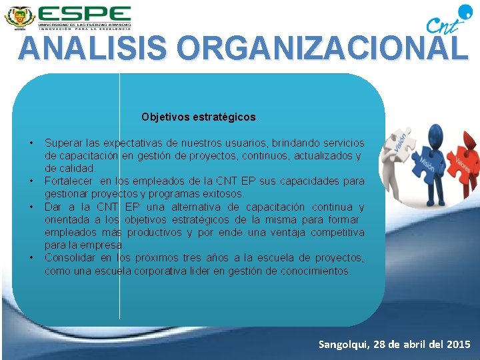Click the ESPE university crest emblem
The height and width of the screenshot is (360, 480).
point(19,16)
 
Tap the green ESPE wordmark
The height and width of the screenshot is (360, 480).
point(84,13)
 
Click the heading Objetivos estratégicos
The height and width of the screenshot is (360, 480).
point(198,117)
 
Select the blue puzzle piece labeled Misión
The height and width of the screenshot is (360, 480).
point(427,163)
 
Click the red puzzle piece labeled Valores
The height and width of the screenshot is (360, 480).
point(463,161)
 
